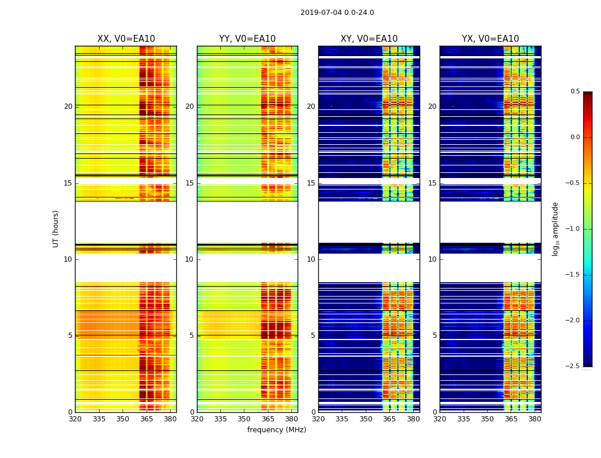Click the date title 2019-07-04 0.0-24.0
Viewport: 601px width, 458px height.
337,13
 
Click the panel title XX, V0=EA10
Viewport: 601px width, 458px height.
126,39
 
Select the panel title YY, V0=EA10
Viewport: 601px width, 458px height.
247,39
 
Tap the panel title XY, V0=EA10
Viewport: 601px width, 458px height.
369,39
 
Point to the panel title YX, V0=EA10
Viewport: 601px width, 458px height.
491,39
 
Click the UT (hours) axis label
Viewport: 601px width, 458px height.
56,228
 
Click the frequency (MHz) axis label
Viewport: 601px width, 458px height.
276,430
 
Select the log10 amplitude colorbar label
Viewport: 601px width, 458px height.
555,228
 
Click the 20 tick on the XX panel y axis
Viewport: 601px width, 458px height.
68,106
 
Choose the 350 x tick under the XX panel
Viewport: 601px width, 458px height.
122,419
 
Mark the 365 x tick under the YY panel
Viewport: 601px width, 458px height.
268,419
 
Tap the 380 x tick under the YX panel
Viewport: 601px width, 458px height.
535,419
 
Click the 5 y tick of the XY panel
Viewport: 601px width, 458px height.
313,335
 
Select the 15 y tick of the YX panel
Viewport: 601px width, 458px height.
433,183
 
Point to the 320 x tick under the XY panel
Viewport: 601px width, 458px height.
319,419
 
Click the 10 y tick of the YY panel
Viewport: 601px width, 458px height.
190,259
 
